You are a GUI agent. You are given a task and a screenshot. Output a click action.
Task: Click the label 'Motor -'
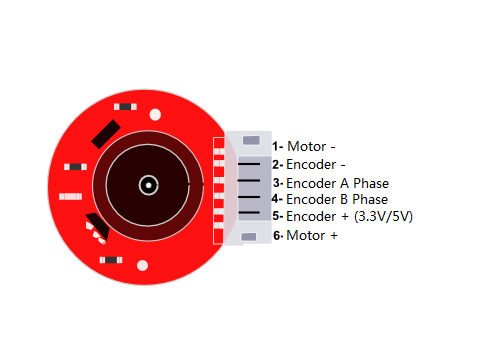coord(311,147)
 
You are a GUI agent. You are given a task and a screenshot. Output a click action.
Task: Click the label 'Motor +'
coord(312,236)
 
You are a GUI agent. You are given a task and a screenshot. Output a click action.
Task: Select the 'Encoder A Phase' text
coord(337,183)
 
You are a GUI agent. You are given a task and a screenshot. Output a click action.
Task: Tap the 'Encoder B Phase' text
coord(337,199)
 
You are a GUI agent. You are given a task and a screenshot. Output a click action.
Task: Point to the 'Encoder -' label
coord(316,164)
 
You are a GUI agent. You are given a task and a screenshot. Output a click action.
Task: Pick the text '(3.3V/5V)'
coord(384,216)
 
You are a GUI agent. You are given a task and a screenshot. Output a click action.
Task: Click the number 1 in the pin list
coord(275,146)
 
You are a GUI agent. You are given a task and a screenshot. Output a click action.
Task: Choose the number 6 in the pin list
coord(276,236)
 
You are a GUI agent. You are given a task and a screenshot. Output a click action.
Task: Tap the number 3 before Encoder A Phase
coord(276,183)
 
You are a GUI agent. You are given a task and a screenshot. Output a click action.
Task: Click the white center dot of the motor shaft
coord(148,184)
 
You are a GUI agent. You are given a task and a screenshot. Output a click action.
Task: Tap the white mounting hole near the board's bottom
coord(142,266)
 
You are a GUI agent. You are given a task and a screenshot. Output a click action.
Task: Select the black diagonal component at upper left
coord(105,134)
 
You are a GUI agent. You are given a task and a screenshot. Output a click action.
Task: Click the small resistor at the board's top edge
coord(126,105)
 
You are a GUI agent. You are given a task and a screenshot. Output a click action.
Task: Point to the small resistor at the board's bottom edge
coord(111,260)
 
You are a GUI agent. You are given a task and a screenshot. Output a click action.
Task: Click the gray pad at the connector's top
coord(251,139)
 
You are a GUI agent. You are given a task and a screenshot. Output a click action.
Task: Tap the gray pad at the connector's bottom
coord(250,236)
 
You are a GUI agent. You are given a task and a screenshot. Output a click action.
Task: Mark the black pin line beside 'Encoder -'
coord(249,164)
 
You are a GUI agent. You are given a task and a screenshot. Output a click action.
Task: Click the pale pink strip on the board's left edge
coord(70,196)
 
